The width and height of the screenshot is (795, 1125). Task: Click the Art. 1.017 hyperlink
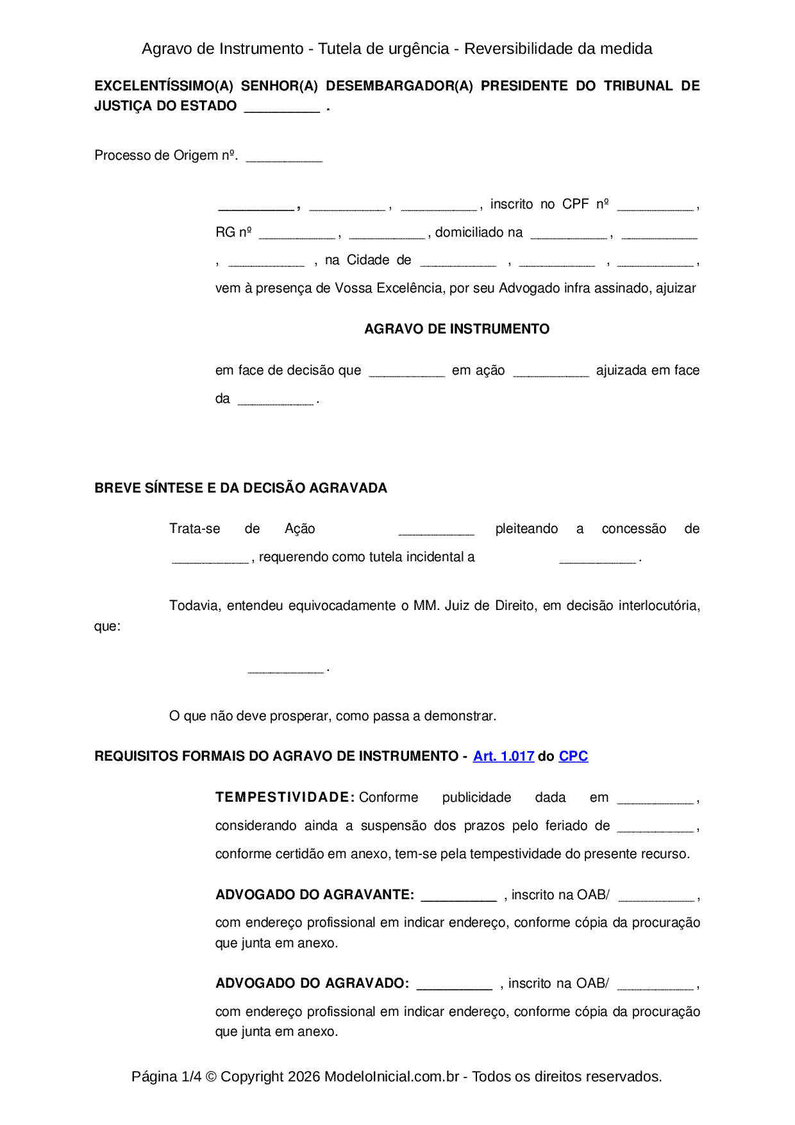click(x=503, y=756)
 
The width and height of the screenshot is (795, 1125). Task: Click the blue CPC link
click(x=573, y=756)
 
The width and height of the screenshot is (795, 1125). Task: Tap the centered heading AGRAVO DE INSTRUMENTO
click(x=456, y=329)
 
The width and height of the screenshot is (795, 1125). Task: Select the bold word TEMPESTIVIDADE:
click(x=285, y=797)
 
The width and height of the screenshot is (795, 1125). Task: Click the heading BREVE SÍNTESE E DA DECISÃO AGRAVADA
click(x=240, y=488)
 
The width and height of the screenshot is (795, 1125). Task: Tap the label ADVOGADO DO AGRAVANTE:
click(x=315, y=895)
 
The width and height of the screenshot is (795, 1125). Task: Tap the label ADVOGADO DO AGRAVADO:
click(x=312, y=983)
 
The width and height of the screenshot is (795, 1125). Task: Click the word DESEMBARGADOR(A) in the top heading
click(x=399, y=86)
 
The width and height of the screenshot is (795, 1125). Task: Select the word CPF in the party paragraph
click(x=575, y=204)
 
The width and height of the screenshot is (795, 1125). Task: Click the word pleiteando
click(x=526, y=529)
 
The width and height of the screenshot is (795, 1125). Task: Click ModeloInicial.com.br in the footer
click(x=392, y=1076)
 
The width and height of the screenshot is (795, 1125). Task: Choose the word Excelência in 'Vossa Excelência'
click(x=409, y=288)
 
